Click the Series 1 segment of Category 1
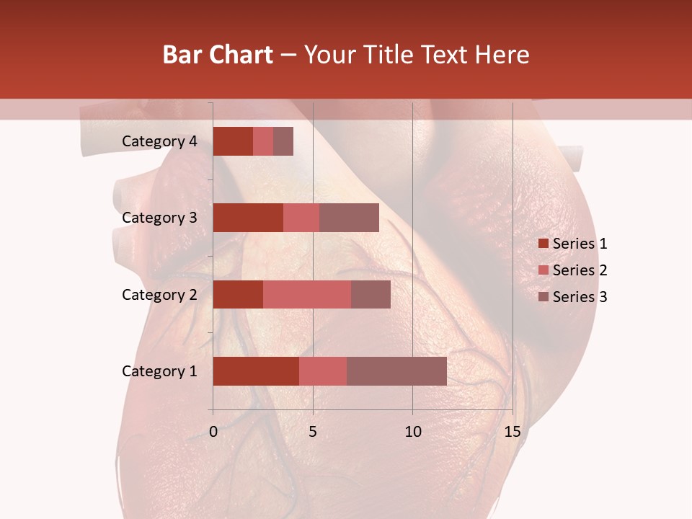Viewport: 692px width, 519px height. point(256,371)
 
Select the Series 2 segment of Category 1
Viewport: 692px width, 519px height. point(323,371)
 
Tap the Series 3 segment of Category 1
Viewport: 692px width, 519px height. point(396,371)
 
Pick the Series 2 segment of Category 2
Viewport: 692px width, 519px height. point(307,294)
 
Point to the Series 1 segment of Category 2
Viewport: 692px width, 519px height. point(238,294)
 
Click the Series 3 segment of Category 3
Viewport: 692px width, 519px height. point(349,218)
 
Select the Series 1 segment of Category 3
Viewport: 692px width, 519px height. point(248,218)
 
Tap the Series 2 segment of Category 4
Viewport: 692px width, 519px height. point(263,141)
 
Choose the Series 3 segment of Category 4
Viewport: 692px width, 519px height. point(283,141)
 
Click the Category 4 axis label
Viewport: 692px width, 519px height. point(159,141)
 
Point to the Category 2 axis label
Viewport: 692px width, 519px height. point(159,294)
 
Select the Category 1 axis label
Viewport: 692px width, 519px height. point(159,371)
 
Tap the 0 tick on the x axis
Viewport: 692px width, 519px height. point(213,432)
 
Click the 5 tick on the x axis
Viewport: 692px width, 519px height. point(313,432)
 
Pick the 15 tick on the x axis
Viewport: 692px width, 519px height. point(512,432)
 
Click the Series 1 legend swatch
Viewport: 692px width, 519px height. point(543,244)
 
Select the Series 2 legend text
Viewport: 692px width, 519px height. point(580,270)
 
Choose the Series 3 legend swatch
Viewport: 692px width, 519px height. point(543,297)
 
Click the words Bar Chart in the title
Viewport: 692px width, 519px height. point(218,55)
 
